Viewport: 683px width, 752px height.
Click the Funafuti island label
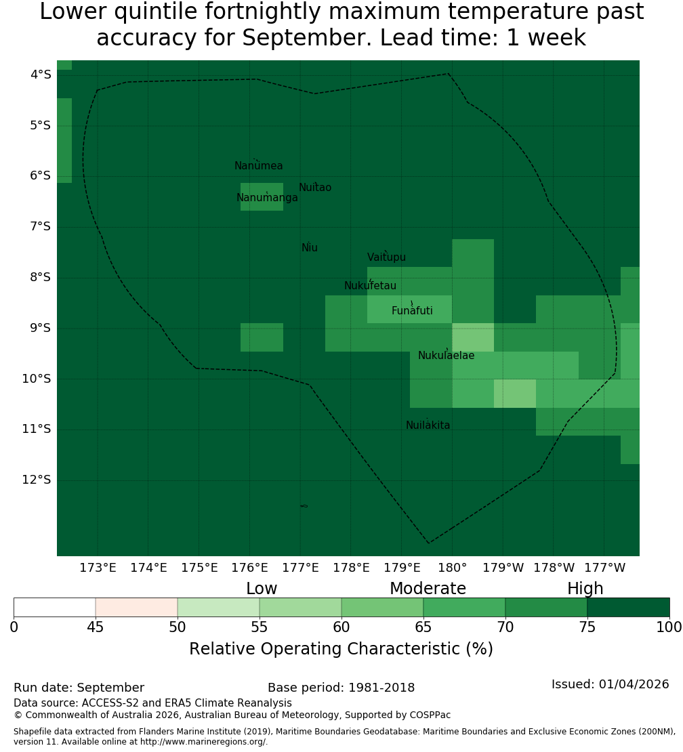click(x=412, y=310)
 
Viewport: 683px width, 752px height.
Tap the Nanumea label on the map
click(x=259, y=165)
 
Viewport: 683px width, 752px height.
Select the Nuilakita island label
click(x=428, y=425)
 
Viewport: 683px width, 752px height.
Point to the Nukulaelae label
click(x=446, y=356)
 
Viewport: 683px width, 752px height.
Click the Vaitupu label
click(x=387, y=257)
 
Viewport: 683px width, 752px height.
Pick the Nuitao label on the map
click(x=315, y=187)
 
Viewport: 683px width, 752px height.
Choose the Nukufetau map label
click(x=370, y=285)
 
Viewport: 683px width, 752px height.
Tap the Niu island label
click(x=310, y=247)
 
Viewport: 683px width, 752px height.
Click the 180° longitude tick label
click(x=453, y=568)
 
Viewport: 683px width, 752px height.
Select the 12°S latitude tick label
click(x=37, y=480)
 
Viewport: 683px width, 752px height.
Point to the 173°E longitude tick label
click(x=98, y=568)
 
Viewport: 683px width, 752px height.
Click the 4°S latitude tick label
click(x=41, y=75)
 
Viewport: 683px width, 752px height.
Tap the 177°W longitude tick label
click(x=605, y=568)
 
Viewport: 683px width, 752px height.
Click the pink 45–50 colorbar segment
click(x=136, y=607)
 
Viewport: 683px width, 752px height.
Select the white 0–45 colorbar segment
click(x=55, y=607)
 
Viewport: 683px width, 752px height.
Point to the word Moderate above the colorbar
click(x=428, y=588)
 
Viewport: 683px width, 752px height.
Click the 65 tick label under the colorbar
click(x=423, y=627)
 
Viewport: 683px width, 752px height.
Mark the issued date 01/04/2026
click(x=634, y=684)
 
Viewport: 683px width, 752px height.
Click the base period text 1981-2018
click(x=381, y=688)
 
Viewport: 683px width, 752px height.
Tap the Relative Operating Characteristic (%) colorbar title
click(x=341, y=649)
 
